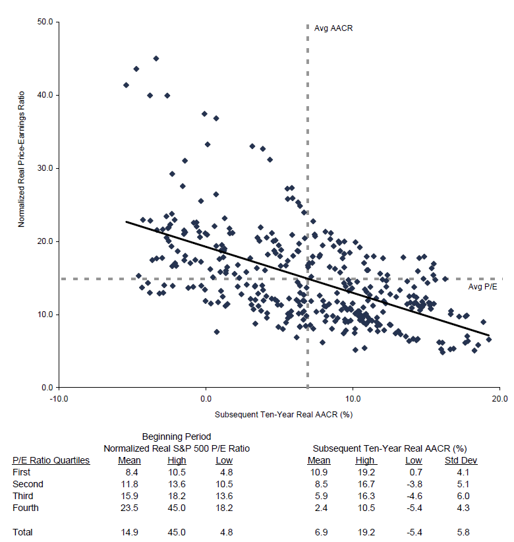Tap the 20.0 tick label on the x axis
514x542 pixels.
coord(500,398)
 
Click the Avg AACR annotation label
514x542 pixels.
coord(329,29)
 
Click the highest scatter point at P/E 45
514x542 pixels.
coord(156,59)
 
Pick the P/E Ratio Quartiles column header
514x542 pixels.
coord(51,460)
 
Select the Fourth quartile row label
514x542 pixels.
coord(26,508)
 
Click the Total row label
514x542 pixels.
coord(22,531)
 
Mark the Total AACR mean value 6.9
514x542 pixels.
coord(320,531)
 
